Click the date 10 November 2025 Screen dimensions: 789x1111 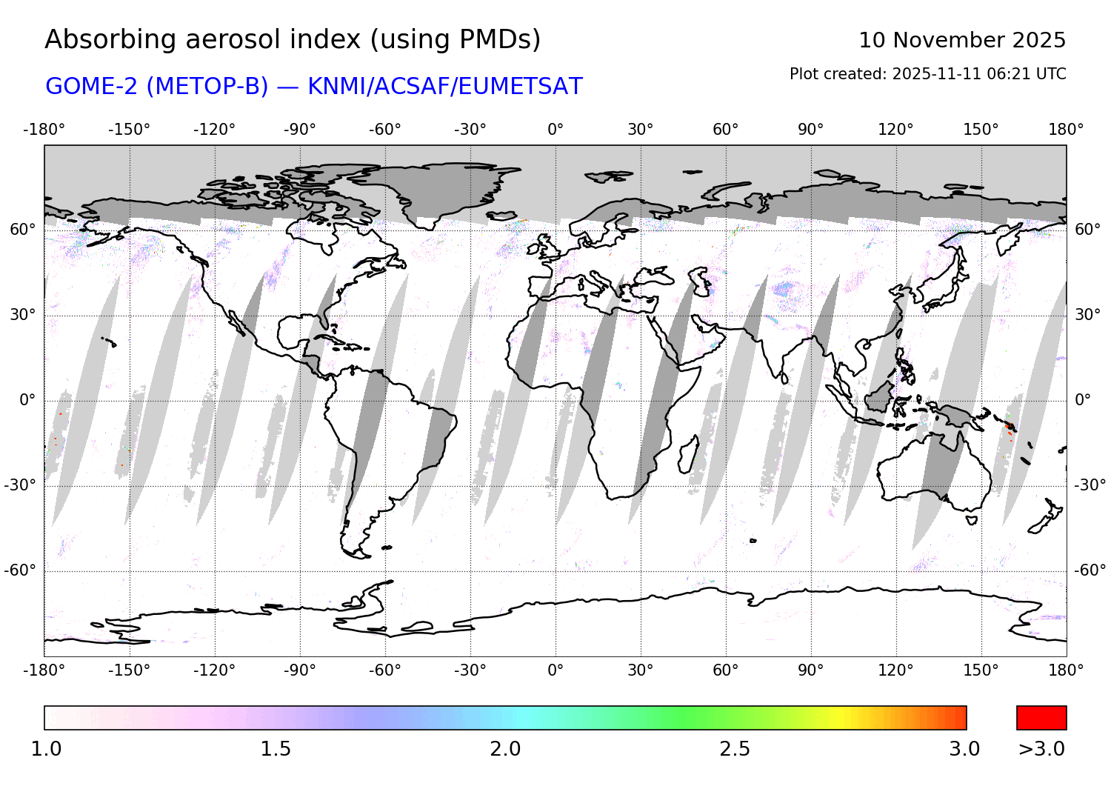click(x=961, y=40)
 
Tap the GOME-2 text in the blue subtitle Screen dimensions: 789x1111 click(x=93, y=87)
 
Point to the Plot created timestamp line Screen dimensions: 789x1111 click(x=927, y=74)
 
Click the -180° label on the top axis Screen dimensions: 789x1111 click(x=44, y=130)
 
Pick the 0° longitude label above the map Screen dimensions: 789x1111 click(x=555, y=130)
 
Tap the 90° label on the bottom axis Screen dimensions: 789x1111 click(x=810, y=670)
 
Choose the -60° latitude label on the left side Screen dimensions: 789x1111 click(x=20, y=570)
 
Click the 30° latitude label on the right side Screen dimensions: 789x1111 click(x=1087, y=315)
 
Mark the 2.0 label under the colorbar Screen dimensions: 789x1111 click(x=505, y=749)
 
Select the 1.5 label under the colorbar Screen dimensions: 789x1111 click(x=276, y=749)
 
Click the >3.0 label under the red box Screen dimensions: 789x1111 click(x=1041, y=749)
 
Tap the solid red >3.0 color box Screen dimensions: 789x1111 click(x=1041, y=718)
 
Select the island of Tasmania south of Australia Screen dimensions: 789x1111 click(x=972, y=520)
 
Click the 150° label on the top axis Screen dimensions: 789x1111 click(x=981, y=130)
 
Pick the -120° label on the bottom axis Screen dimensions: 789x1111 click(x=215, y=670)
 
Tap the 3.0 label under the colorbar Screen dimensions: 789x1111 click(x=964, y=749)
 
